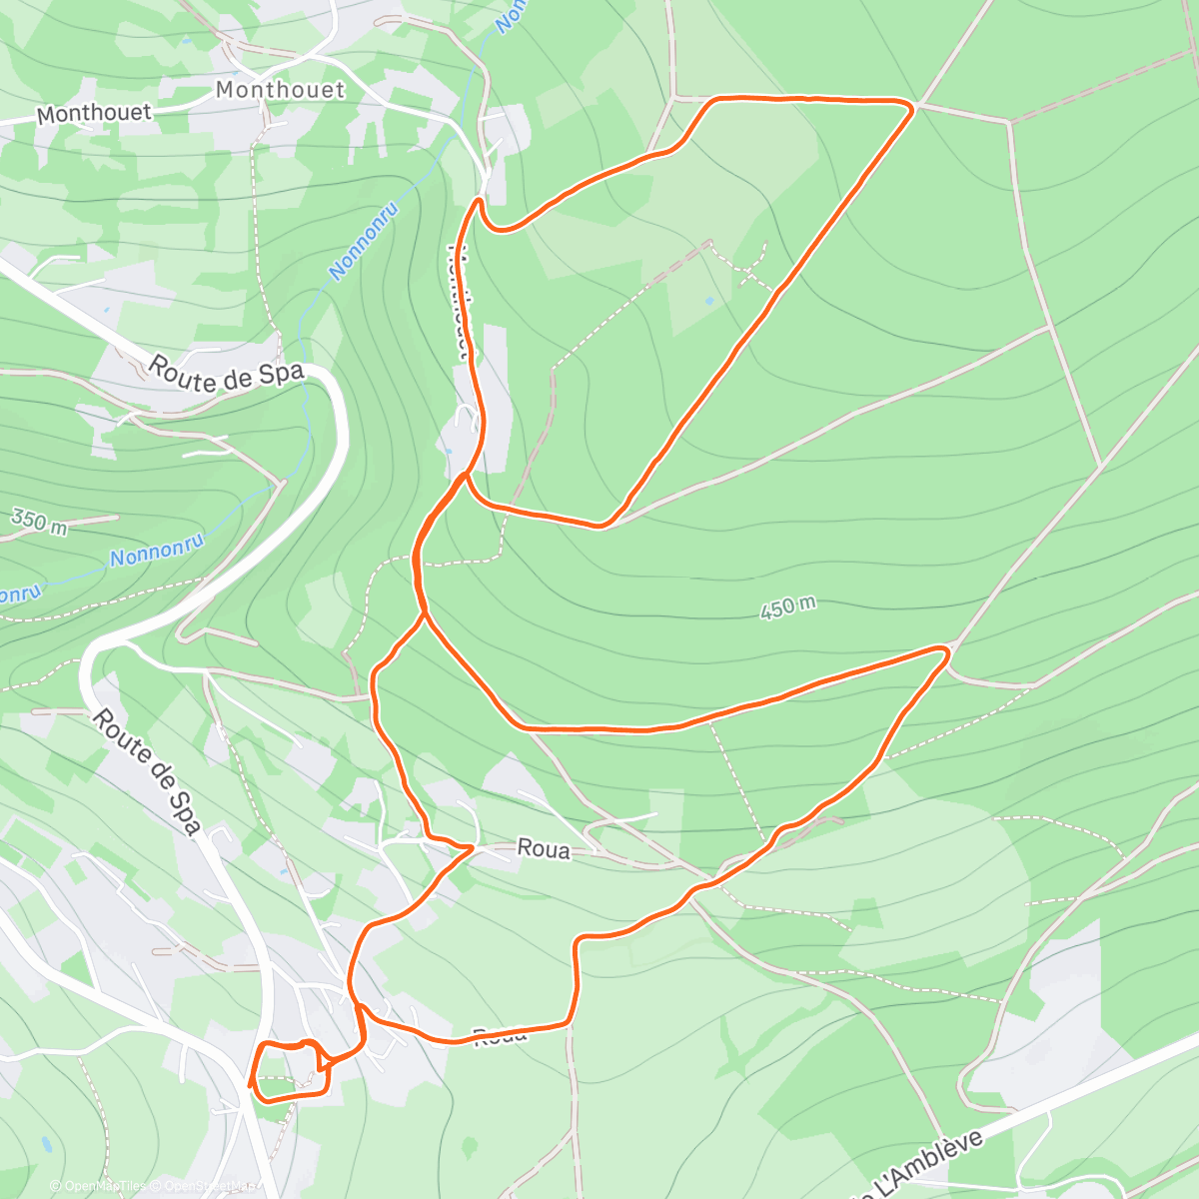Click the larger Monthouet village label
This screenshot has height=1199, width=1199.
click(280, 90)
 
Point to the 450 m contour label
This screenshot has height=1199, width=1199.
click(787, 607)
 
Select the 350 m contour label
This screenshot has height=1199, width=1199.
click(38, 522)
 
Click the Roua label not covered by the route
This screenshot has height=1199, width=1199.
click(544, 850)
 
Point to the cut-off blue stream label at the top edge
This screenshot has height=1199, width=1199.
click(510, 15)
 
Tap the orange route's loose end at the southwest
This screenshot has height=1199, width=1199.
click(249, 1085)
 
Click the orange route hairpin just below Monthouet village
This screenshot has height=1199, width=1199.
click(481, 203)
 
